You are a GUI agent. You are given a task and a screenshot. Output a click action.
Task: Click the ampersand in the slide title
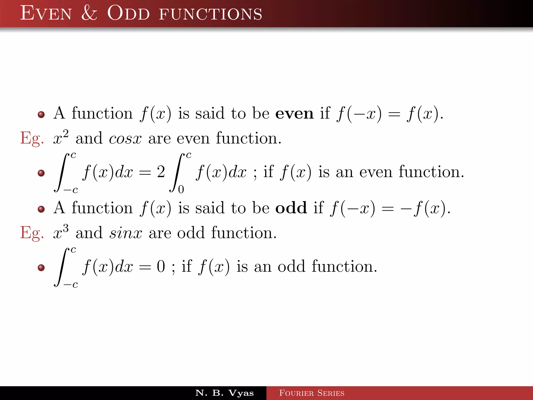(89, 13)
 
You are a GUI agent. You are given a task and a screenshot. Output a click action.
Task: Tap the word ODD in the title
(128, 13)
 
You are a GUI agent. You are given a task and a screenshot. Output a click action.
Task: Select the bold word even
(294, 114)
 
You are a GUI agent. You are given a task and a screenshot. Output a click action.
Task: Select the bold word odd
(291, 208)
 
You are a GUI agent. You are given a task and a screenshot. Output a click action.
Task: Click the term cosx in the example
(125, 139)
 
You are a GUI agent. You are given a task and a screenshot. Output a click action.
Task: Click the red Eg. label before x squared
(32, 138)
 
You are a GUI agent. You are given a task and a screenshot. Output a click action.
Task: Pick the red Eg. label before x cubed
(32, 233)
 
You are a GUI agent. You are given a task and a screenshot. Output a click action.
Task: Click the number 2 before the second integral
(161, 172)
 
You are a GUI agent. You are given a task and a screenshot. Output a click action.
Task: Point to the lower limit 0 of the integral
(181, 189)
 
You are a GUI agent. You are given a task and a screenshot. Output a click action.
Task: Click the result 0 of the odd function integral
(161, 266)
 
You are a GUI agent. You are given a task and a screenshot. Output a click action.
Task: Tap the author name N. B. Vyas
(224, 393)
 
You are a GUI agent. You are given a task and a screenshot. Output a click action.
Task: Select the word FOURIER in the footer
(296, 393)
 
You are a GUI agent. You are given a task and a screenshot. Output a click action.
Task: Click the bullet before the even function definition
(41, 115)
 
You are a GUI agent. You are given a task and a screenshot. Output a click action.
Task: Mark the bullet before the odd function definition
(41, 209)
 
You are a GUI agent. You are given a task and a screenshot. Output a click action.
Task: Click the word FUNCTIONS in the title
(210, 14)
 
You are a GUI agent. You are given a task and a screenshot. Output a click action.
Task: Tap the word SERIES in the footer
(331, 393)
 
